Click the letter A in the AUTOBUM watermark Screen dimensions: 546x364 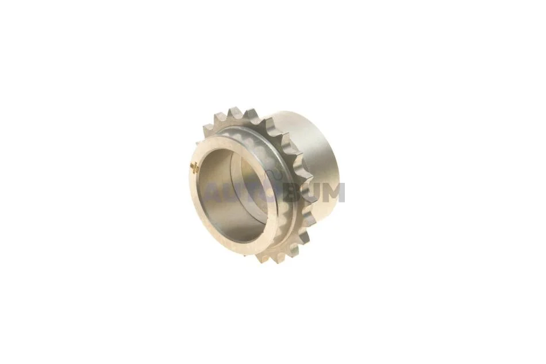[212, 192]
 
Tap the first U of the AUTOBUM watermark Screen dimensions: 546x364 [230, 192]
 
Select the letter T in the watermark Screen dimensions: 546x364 [248, 192]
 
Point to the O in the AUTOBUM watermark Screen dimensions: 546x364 [266, 192]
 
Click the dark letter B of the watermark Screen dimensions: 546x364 [287, 192]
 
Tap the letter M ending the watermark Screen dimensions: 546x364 [331, 192]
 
